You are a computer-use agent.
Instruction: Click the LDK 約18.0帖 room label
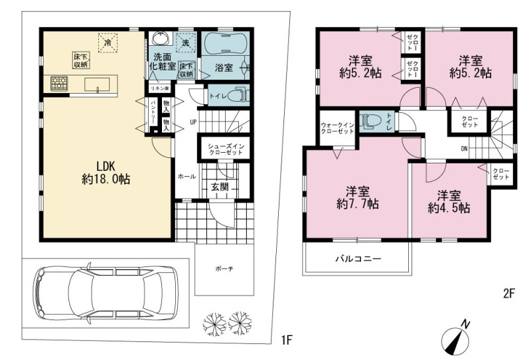point(106,173)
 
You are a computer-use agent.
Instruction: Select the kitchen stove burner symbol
point(59,84)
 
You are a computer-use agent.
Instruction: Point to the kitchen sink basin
point(97,84)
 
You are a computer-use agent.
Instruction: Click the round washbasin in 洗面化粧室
point(160,38)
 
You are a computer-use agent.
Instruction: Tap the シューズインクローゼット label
point(226,149)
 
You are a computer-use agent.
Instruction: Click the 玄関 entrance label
point(220,187)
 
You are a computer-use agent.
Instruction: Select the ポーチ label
point(224,269)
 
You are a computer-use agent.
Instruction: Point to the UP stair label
point(193,122)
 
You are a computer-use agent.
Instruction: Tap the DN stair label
point(464,149)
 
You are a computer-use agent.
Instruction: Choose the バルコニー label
point(358,259)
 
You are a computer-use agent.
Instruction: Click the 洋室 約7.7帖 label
point(358,198)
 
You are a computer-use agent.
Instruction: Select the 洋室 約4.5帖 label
point(449,202)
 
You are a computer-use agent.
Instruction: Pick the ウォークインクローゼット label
point(337,128)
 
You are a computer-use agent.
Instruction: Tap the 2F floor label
point(508,293)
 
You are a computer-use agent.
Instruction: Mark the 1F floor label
point(287,339)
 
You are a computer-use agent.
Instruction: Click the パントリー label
point(153,112)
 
